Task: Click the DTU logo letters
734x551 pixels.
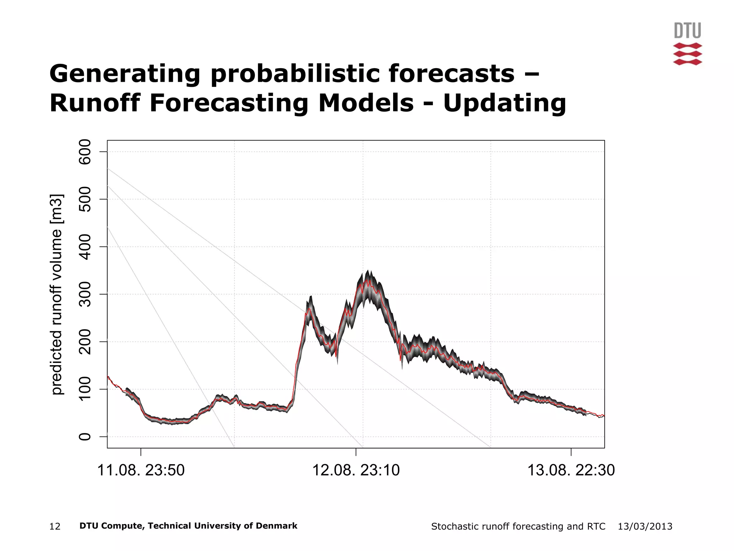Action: pyautogui.click(x=687, y=30)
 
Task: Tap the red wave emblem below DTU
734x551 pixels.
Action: pyautogui.click(x=687, y=54)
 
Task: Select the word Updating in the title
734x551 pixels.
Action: pyautogui.click(x=505, y=103)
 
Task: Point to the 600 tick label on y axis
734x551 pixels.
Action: pyautogui.click(x=85, y=152)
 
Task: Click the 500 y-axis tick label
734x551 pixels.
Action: pyautogui.click(x=85, y=199)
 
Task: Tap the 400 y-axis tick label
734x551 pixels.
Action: pyautogui.click(x=85, y=247)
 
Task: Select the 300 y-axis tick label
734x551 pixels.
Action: pyautogui.click(x=85, y=294)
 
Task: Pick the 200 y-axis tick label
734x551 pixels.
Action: pyautogui.click(x=85, y=342)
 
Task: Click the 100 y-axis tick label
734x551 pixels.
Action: pyautogui.click(x=85, y=389)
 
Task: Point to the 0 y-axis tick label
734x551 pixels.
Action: pyautogui.click(x=85, y=437)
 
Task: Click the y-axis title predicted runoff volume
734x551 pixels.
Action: pyautogui.click(x=57, y=294)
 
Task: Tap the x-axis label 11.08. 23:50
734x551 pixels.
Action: pyautogui.click(x=141, y=470)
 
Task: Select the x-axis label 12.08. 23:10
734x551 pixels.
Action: pyautogui.click(x=356, y=470)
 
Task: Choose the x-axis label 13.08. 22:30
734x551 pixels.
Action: pyautogui.click(x=571, y=470)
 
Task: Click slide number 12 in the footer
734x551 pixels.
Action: pyautogui.click(x=55, y=527)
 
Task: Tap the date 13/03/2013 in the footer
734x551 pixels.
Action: pyautogui.click(x=645, y=527)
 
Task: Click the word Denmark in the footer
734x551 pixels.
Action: pyautogui.click(x=280, y=526)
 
